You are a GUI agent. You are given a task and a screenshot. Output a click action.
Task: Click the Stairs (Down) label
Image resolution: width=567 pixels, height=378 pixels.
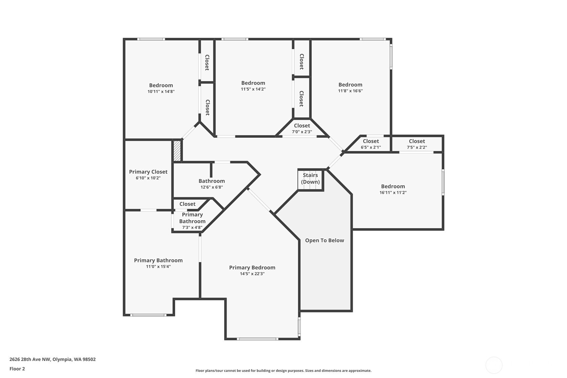point(310,178)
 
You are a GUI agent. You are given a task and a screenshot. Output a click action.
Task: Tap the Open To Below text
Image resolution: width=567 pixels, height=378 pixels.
point(324,240)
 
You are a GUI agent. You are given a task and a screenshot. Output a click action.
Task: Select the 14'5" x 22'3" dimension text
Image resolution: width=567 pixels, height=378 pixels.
point(252,274)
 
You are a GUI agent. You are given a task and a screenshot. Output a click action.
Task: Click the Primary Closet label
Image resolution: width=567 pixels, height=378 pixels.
point(148,172)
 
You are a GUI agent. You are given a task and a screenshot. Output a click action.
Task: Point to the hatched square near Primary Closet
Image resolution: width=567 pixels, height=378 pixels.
point(177,151)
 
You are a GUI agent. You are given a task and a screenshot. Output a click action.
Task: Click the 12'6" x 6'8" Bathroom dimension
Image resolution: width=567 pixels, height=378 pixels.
point(211,187)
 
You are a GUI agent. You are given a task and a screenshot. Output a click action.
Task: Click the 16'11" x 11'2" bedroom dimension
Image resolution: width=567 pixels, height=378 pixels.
point(393,193)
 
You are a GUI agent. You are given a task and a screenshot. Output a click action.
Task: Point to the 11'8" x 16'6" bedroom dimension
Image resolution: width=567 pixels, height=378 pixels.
point(350,91)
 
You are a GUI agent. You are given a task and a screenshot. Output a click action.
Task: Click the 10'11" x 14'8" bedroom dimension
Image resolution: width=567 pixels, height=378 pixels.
point(161,92)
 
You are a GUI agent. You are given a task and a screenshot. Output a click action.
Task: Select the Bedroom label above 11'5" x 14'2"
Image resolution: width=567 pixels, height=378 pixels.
point(253,83)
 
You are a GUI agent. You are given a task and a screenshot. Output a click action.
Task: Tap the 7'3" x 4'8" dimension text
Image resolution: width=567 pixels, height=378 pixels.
point(192,228)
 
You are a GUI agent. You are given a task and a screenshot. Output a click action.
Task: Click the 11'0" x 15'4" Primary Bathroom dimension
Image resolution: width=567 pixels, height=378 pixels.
point(158,267)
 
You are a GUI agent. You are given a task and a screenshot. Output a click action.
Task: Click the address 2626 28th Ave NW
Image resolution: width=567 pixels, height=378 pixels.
point(52,359)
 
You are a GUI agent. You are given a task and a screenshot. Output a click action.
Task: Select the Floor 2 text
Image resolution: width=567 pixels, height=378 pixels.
point(17,369)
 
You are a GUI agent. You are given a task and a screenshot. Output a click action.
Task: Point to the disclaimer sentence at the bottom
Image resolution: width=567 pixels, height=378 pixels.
point(283,370)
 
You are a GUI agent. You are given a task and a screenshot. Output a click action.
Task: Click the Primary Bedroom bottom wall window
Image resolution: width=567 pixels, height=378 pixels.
point(257,339)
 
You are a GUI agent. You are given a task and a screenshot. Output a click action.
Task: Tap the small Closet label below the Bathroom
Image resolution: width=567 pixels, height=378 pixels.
point(187,204)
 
